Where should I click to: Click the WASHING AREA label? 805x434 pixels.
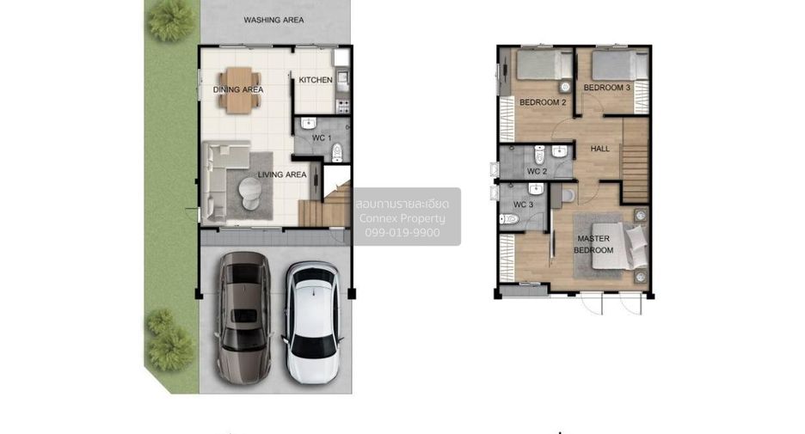[x=273, y=20]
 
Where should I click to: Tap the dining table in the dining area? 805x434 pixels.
[x=239, y=90]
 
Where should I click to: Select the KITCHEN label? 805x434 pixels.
[x=316, y=80]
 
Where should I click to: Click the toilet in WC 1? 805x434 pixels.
[x=337, y=152]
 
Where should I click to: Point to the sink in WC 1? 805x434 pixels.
[x=308, y=123]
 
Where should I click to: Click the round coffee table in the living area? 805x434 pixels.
[x=250, y=193]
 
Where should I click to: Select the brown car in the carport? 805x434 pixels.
[x=244, y=317]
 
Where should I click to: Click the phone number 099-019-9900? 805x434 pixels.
[x=402, y=232]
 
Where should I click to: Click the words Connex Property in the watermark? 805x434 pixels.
[x=402, y=218]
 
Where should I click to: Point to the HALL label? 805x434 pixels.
[x=599, y=149]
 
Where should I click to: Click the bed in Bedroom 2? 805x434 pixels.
[x=544, y=64]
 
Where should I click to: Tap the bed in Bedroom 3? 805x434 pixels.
[x=620, y=64]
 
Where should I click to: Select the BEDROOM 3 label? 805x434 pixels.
[x=607, y=88]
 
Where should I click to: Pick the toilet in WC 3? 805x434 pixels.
[x=509, y=219]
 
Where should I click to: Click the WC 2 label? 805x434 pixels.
[x=537, y=171]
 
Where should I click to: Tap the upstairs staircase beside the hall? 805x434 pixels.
[x=636, y=161]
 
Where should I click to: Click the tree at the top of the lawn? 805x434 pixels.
[x=171, y=21]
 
